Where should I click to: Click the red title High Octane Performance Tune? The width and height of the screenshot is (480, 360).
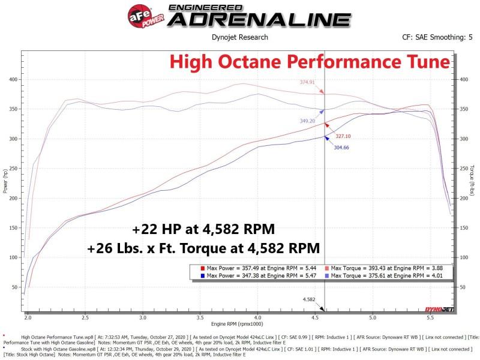(308, 62)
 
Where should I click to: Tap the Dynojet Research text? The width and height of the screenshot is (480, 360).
(240, 37)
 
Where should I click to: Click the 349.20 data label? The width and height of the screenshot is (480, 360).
(308, 121)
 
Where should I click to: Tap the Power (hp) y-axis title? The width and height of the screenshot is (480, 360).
(5, 180)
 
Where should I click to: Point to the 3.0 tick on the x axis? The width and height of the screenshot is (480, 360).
(143, 316)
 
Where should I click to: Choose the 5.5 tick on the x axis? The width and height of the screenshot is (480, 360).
(430, 316)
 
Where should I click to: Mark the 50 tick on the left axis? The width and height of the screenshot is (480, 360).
(16, 287)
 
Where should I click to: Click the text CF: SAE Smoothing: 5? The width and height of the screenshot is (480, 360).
(433, 37)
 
